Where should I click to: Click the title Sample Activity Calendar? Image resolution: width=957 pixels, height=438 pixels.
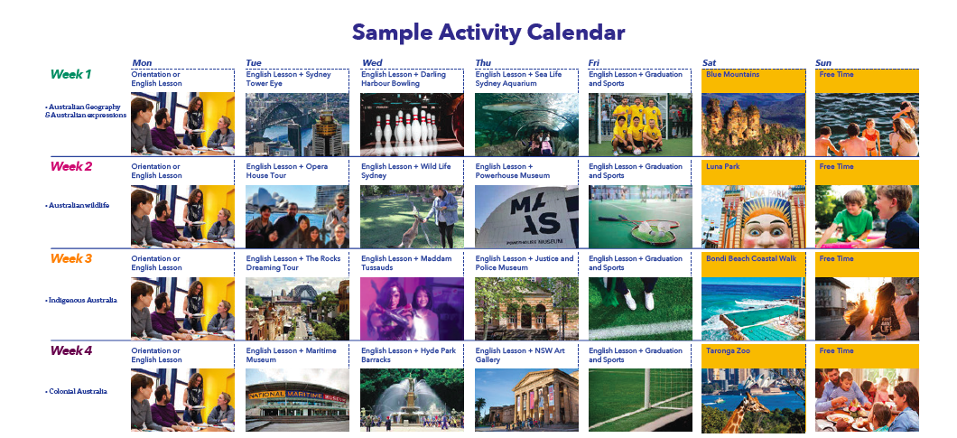488,33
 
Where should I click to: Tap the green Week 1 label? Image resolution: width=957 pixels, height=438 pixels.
70,75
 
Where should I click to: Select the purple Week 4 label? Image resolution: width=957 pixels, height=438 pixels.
70,350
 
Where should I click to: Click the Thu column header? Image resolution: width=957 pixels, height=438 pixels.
483,63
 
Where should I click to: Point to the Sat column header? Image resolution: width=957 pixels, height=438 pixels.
710,63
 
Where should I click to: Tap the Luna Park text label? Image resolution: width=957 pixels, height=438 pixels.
722,166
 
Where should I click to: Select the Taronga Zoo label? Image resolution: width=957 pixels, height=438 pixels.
728,350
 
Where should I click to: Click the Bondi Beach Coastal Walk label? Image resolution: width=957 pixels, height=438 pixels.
751,258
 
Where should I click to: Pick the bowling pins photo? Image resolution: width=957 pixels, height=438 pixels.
412,124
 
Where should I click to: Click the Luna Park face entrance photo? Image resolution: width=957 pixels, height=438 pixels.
753,217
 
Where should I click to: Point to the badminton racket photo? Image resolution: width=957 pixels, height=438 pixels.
640,217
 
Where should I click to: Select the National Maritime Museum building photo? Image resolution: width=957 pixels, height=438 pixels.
297,400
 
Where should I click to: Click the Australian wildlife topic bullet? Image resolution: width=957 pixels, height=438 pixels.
77,205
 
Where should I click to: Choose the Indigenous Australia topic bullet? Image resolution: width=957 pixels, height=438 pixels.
80,300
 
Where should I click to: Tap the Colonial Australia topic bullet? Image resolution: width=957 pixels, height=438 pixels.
76,391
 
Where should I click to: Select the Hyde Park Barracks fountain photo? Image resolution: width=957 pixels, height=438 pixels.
412,400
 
